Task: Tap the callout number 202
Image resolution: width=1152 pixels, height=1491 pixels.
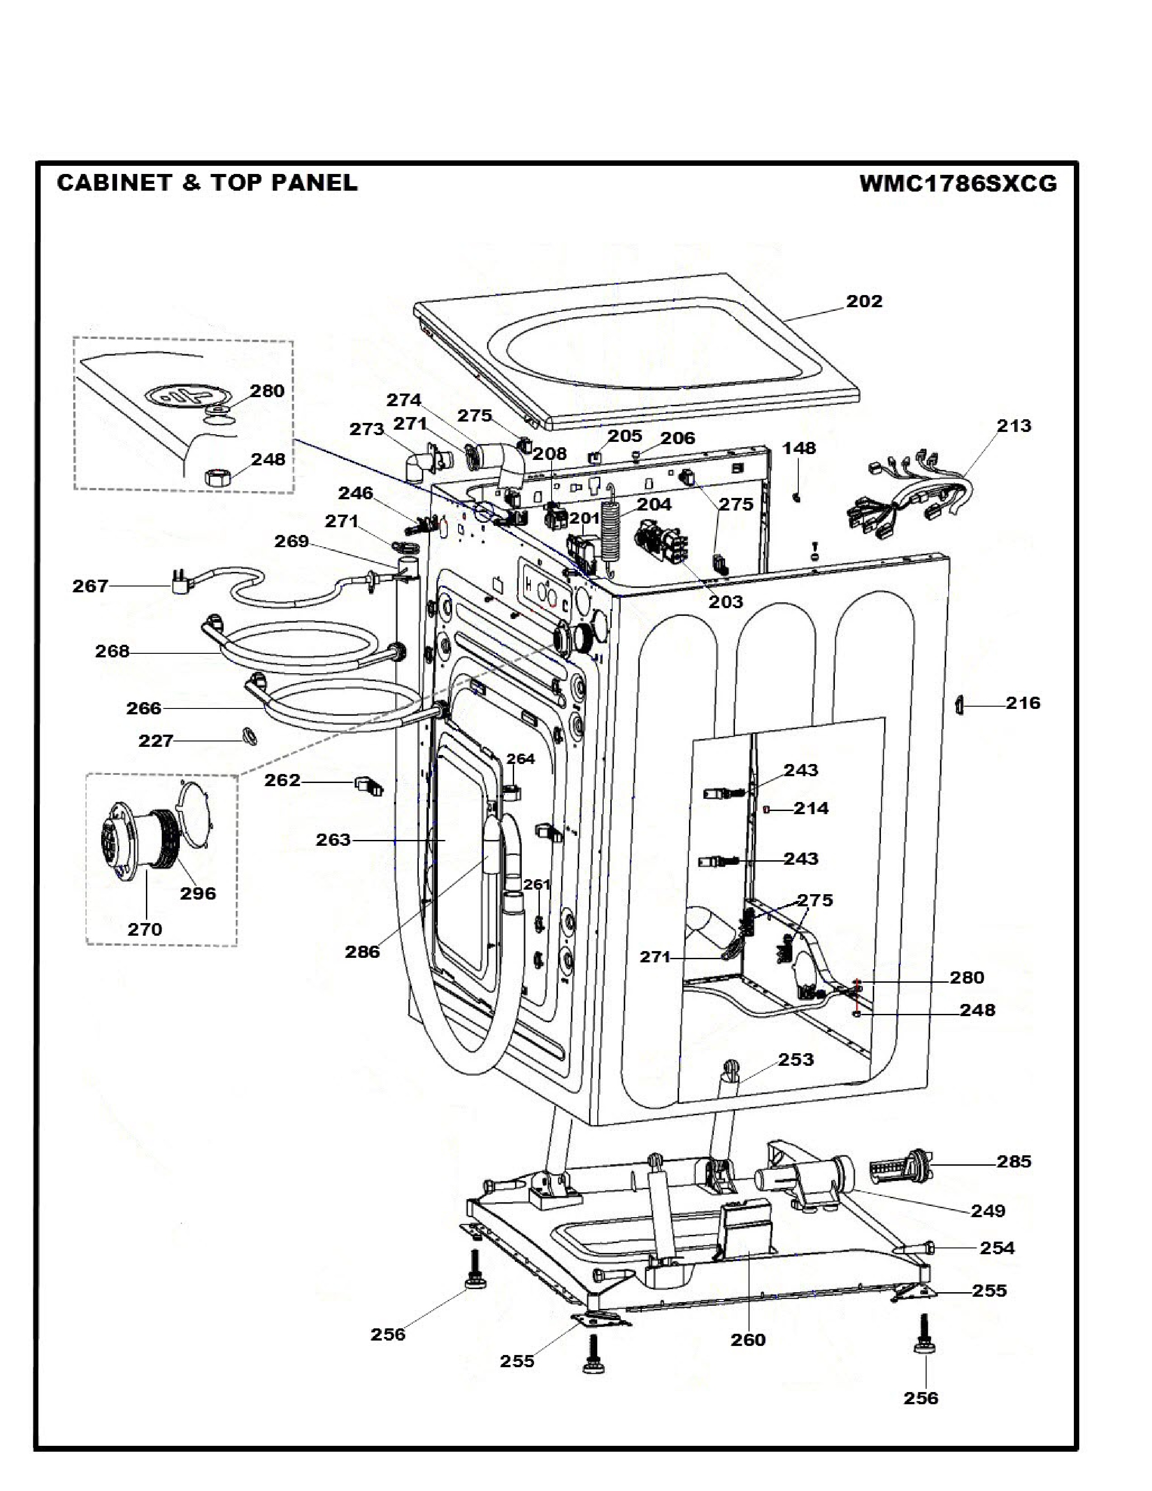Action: [864, 301]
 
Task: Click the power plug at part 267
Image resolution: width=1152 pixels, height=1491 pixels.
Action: [179, 585]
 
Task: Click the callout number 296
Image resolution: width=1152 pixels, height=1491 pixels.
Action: [198, 893]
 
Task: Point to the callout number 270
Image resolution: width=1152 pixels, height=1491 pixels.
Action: [145, 928]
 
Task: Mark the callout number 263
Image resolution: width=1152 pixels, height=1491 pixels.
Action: [333, 840]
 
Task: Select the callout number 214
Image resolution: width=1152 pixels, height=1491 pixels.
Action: [811, 808]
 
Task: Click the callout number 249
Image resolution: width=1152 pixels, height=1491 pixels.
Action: [988, 1210]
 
